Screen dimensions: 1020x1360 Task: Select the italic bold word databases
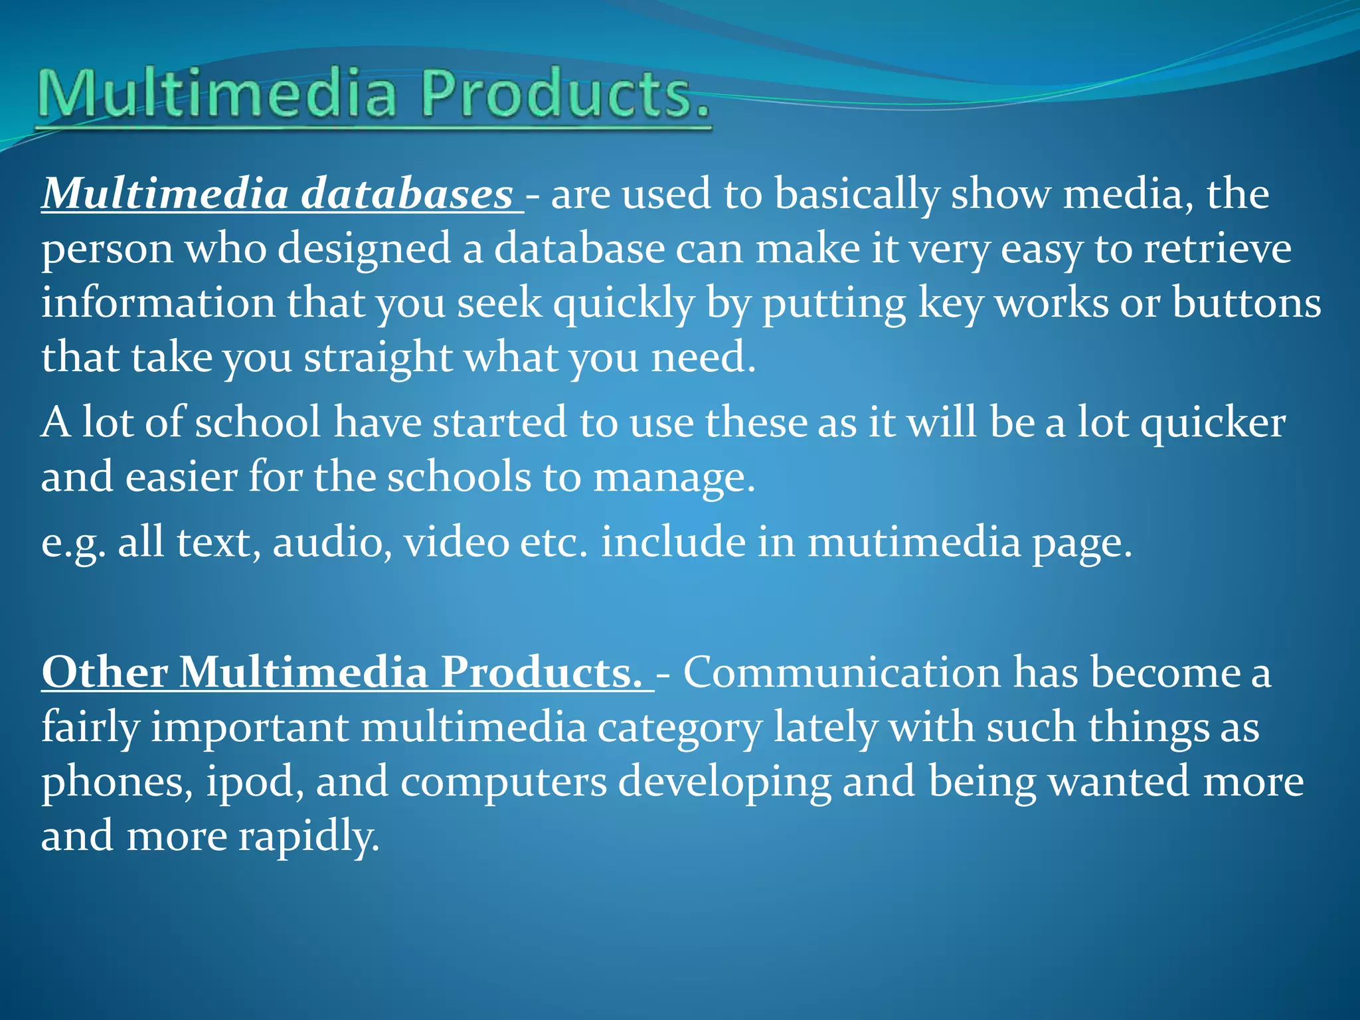tap(407, 195)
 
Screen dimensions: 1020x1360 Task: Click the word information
tap(158, 303)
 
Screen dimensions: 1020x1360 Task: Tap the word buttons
tap(1246, 303)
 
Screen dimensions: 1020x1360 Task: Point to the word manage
tap(674, 477)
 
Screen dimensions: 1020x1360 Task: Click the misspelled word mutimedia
tap(914, 543)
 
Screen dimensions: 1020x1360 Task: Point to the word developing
tap(724, 782)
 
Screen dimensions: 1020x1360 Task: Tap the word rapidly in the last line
tap(309, 836)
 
